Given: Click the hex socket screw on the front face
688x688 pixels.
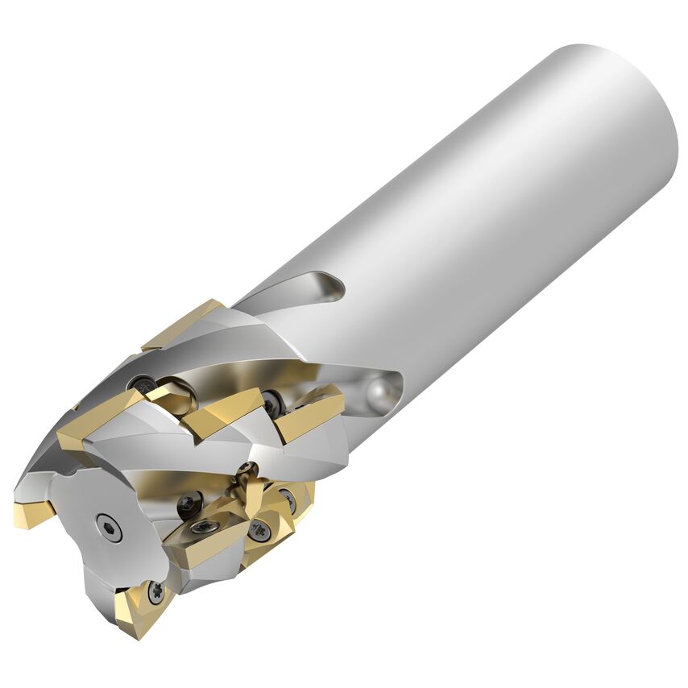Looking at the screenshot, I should (x=109, y=528).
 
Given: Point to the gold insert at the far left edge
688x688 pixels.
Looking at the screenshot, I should (x=32, y=512).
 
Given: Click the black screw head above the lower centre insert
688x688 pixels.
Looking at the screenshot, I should (x=189, y=504).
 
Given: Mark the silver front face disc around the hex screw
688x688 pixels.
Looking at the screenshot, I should (x=97, y=516).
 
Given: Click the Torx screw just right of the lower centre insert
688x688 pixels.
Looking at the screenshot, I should (x=259, y=530).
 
